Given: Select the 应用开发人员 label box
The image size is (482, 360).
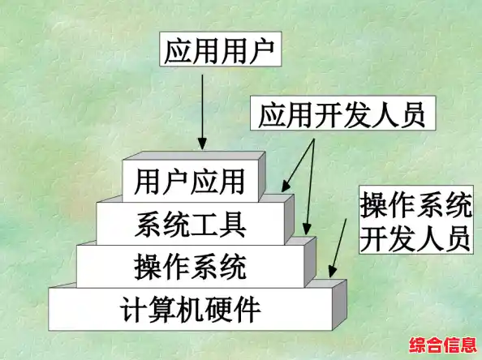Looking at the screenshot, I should click(x=342, y=117).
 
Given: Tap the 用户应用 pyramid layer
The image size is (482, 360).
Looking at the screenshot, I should click(x=190, y=179).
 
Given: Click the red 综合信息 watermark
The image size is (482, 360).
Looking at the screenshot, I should click(x=443, y=345).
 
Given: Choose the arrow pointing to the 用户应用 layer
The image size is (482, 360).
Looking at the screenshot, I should click(x=295, y=162).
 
